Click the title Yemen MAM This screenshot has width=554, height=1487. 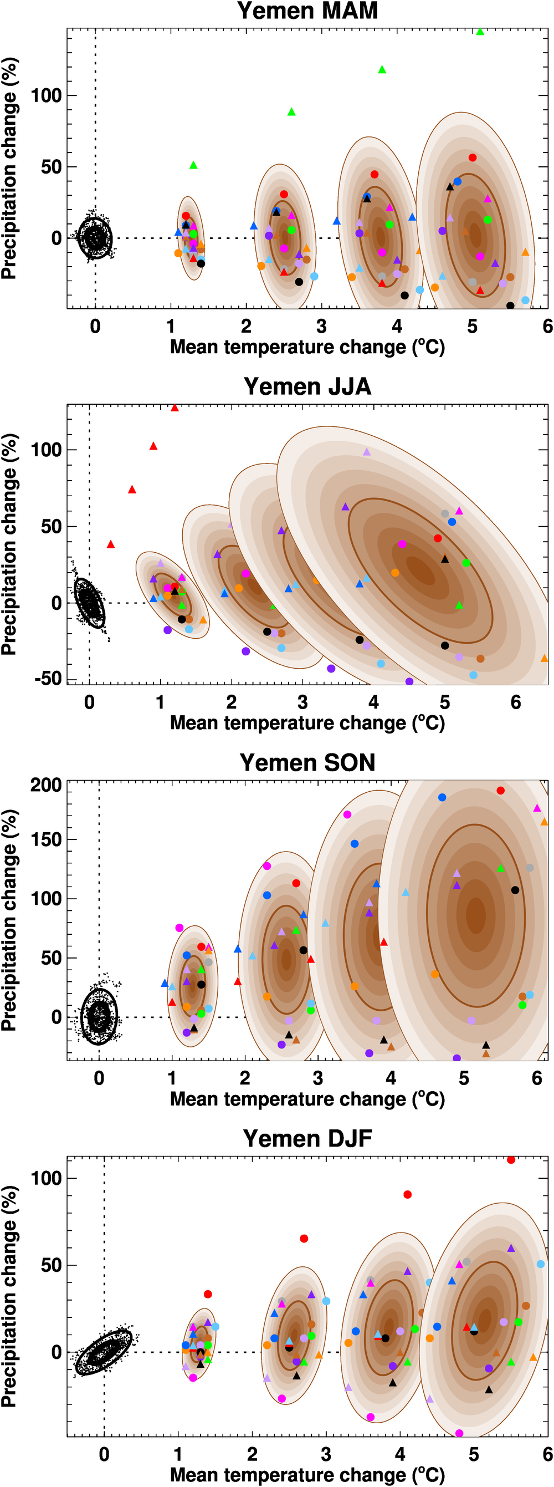307,11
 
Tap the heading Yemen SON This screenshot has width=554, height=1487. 307,762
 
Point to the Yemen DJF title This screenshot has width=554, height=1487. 307,1138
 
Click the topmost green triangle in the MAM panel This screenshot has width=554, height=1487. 480,32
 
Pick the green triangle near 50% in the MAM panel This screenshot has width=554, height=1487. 193,166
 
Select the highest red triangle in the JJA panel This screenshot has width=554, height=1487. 175,408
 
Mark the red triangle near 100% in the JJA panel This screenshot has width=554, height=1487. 153,446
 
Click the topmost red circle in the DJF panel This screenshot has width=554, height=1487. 511,1160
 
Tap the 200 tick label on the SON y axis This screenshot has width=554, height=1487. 45,785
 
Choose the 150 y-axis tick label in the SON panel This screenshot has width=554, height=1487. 45,839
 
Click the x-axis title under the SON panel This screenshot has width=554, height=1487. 307,1099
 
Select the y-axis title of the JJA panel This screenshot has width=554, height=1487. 10,544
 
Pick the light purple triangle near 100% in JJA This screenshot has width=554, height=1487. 366,452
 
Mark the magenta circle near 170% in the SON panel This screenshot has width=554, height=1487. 347,814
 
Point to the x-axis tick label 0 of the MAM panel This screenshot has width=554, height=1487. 95,327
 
